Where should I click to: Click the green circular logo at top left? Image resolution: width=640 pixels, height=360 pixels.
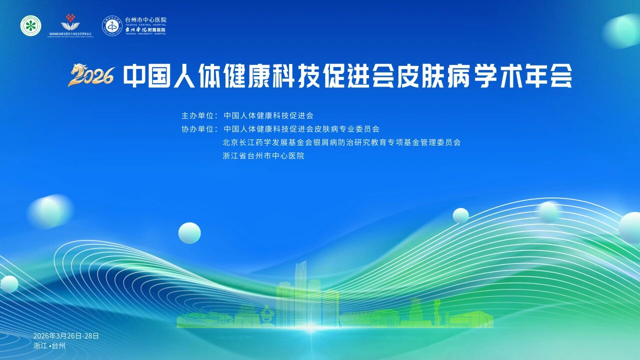[x=31, y=25]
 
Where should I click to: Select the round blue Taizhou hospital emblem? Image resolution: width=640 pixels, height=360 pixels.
[x=112, y=25]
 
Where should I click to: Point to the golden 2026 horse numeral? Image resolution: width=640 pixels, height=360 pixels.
[x=92, y=76]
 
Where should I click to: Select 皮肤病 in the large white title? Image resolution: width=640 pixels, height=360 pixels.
[x=442, y=76]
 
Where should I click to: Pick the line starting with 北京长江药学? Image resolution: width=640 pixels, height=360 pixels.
[x=341, y=142]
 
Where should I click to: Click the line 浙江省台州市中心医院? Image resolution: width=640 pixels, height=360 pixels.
[x=263, y=156]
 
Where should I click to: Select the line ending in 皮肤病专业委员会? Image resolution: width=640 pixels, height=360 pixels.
[x=301, y=129]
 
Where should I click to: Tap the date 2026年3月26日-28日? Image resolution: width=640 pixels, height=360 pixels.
[x=66, y=335]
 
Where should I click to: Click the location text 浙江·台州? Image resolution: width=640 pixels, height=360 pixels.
[x=49, y=345]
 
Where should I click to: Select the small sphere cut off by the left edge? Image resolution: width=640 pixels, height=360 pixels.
[x=8, y=283]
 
